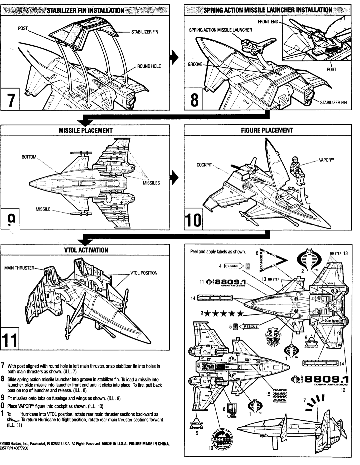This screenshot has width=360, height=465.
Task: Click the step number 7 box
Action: coord(11,99)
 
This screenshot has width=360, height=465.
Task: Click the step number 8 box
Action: coord(193,99)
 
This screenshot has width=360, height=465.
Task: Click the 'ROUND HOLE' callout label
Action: coord(149,66)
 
